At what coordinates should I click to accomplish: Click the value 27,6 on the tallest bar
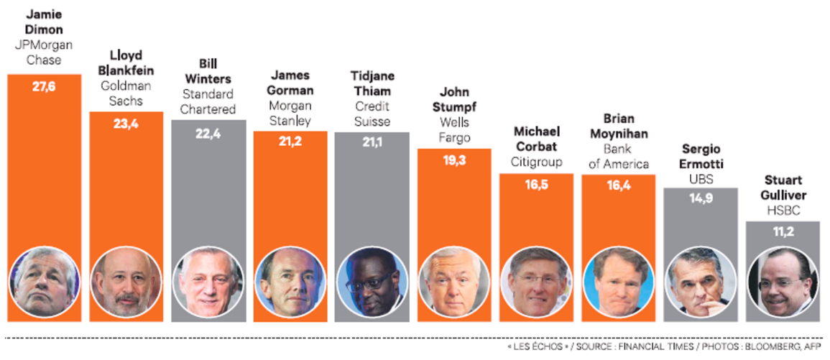[44, 87]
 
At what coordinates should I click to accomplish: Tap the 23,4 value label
[126, 124]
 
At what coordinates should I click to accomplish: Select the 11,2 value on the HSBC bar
[783, 233]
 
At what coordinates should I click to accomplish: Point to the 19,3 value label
[454, 160]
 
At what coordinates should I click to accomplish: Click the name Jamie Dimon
[44, 22]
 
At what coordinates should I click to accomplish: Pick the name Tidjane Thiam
[372, 84]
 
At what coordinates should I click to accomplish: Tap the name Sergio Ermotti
[701, 156]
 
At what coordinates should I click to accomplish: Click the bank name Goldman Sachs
[126, 93]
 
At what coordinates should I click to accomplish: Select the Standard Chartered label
[208, 102]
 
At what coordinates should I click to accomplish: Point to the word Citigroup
[536, 162]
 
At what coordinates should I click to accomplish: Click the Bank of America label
[617, 157]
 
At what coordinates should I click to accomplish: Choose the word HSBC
[783, 211]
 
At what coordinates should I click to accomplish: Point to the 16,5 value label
[536, 185]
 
